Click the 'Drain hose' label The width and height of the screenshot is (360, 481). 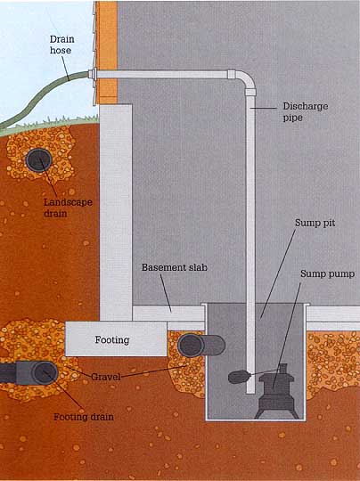pyautogui.click(x=61, y=45)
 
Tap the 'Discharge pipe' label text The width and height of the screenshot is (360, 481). pyautogui.click(x=305, y=112)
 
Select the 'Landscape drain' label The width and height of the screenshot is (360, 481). pyautogui.click(x=68, y=208)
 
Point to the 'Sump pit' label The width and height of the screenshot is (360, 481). pyautogui.click(x=315, y=223)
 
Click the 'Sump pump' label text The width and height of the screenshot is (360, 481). pyautogui.click(x=327, y=273)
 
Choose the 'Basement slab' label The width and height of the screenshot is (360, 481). pyautogui.click(x=175, y=267)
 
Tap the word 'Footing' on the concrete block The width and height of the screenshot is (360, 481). pyautogui.click(x=112, y=340)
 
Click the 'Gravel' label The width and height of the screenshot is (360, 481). pyautogui.click(x=106, y=377)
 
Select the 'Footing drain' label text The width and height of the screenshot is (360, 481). pyautogui.click(x=84, y=417)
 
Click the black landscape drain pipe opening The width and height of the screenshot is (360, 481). pyautogui.click(x=39, y=159)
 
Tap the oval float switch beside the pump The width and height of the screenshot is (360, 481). pyautogui.click(x=239, y=377)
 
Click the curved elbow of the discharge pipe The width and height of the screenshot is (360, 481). pyautogui.click(x=246, y=80)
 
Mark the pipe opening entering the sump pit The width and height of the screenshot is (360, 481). pyautogui.click(x=191, y=346)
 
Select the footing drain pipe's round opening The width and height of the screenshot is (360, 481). pyautogui.click(x=45, y=373)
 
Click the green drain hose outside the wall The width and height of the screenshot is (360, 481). pyautogui.click(x=36, y=99)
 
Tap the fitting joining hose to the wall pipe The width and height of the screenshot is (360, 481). pyautogui.click(x=93, y=75)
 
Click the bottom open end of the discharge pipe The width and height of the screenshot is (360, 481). pyautogui.click(x=250, y=392)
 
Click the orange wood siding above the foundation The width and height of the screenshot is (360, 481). pyautogui.click(x=107, y=53)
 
